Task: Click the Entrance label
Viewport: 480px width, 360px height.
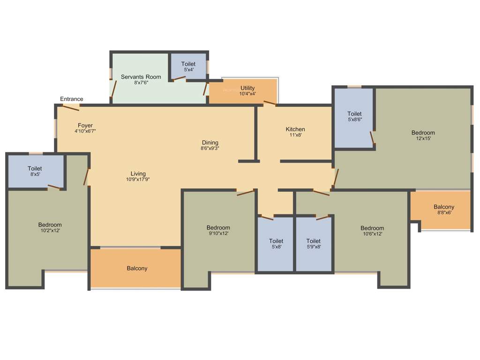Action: [x=72, y=99]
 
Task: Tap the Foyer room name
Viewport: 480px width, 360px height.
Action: [x=85, y=126]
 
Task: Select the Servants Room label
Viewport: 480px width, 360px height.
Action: [x=141, y=77]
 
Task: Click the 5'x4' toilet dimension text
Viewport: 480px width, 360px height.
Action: [x=188, y=70]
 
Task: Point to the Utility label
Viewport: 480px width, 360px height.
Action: [x=247, y=88]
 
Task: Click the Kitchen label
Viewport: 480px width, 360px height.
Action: [x=295, y=129]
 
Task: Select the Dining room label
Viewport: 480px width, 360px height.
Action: [x=210, y=142]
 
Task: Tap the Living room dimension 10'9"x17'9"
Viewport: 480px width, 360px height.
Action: [x=138, y=180]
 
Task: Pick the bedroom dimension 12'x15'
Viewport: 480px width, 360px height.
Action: [x=423, y=138]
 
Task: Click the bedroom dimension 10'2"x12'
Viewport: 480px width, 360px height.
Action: [x=50, y=231]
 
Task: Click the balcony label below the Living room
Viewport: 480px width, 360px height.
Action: [x=137, y=269]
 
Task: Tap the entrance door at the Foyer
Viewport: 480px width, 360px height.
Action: [x=71, y=108]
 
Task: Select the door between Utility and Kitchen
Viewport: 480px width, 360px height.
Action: [x=270, y=103]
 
